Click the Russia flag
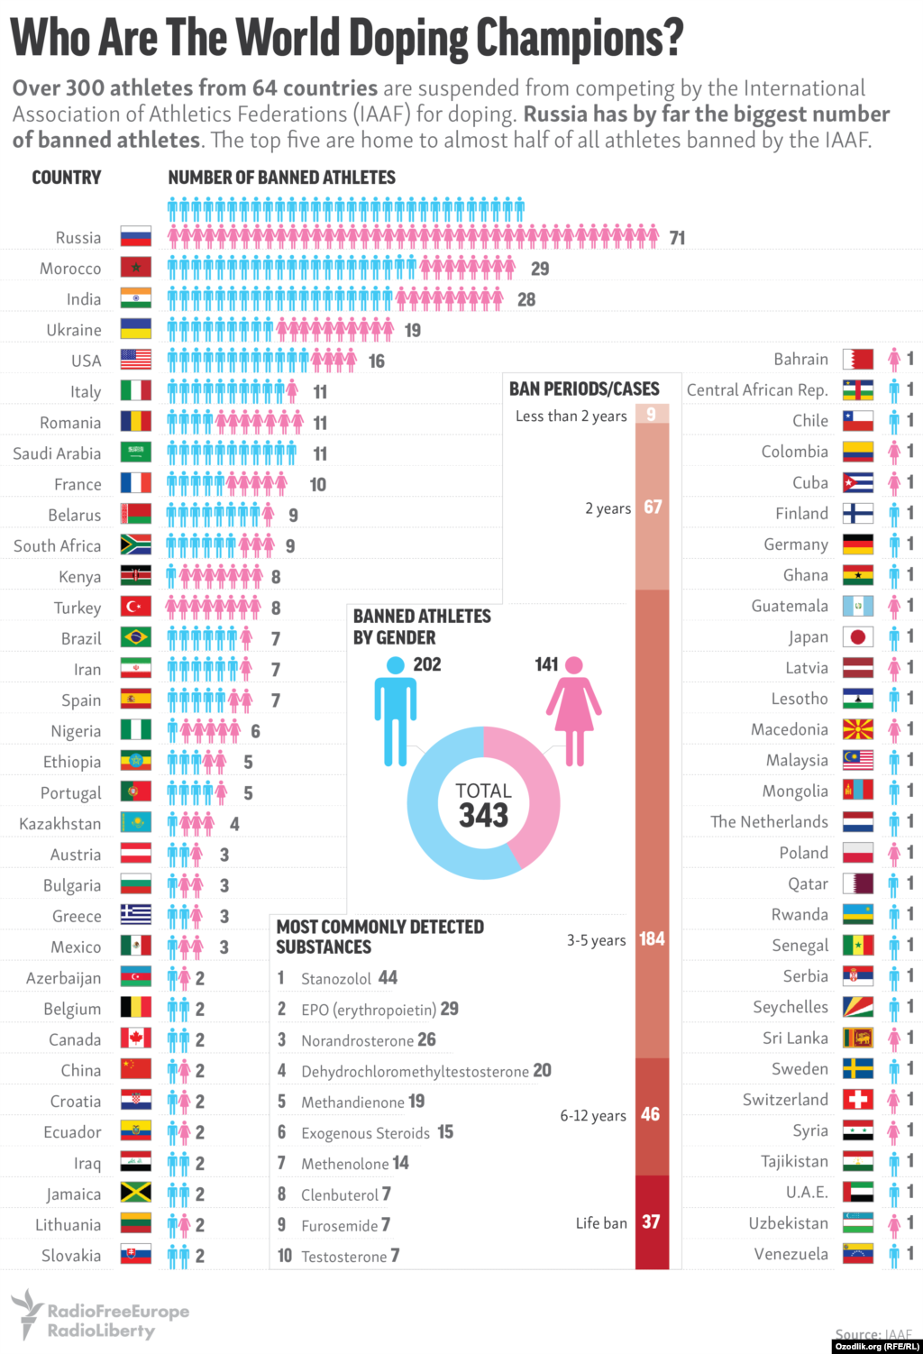pos(136,237)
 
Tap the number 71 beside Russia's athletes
pos(678,238)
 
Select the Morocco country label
pos(70,269)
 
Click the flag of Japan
pos(858,637)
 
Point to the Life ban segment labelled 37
pos(652,1222)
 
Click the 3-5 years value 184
pos(652,939)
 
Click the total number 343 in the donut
pos(484,816)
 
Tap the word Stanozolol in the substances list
pos(336,979)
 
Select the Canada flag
pos(136,1038)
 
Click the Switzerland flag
pos(858,1100)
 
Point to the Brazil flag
pos(136,638)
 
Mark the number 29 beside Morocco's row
pos(540,269)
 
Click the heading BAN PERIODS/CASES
pos(584,389)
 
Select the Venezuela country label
pos(790,1254)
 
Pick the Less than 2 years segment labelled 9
pos(652,414)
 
